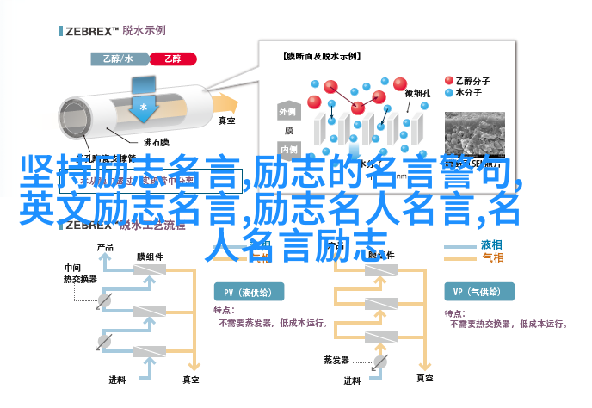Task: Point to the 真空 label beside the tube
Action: [x=228, y=121]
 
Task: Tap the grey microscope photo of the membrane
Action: [x=478, y=133]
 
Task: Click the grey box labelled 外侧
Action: [x=287, y=113]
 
